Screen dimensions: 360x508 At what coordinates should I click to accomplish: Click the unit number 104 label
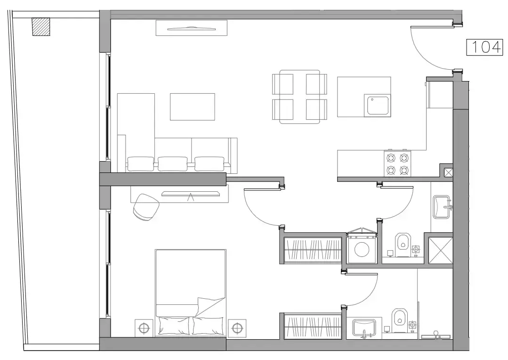click(x=485, y=47)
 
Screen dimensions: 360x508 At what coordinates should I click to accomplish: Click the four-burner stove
click(x=397, y=164)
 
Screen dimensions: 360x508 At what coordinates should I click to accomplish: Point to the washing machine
click(x=362, y=248)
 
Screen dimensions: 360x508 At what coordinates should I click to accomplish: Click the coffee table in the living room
click(x=192, y=106)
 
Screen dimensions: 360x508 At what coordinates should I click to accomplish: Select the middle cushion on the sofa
click(x=173, y=164)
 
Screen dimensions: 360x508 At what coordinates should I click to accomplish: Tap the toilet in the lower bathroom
click(x=399, y=318)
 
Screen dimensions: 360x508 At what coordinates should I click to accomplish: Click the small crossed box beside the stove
click(x=448, y=172)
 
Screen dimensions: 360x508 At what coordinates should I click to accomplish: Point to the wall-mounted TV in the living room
click(x=191, y=29)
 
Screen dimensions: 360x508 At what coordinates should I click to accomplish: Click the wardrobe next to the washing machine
click(x=313, y=248)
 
